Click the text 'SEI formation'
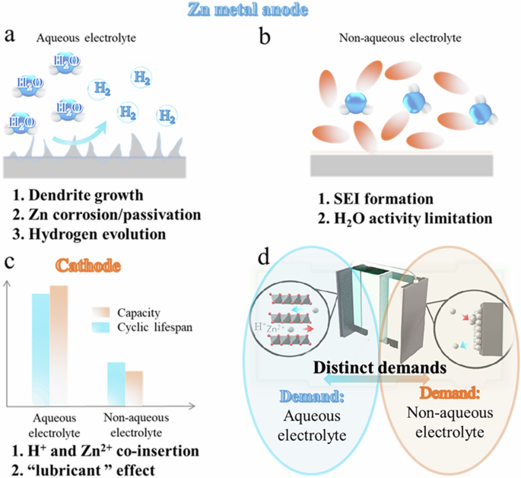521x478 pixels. point(370,199)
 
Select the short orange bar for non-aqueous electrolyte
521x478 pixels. point(134,388)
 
